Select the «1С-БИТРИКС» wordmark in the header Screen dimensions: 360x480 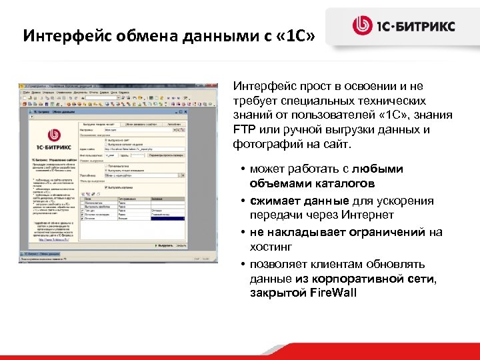(417, 27)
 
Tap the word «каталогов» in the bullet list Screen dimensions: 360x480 (347, 183)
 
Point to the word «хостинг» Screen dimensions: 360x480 (271, 247)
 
